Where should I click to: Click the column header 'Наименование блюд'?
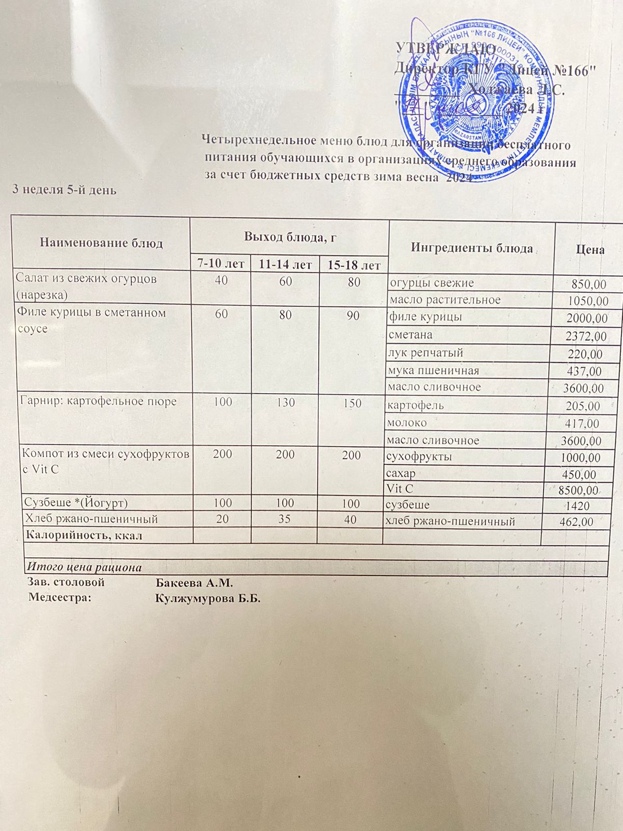tap(101, 243)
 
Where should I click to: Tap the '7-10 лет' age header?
tap(221, 264)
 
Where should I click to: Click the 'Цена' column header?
tap(590, 250)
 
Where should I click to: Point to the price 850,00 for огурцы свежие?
tap(589, 284)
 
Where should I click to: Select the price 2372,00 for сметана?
tap(585, 336)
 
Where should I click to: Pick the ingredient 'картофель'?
tap(415, 405)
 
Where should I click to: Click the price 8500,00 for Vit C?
tap(577, 490)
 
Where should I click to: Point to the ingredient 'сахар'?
tap(401, 473)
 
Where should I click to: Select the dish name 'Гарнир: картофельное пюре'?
tap(98, 401)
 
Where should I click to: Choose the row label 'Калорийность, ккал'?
tap(85, 535)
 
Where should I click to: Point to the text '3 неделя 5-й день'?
tap(64, 190)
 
